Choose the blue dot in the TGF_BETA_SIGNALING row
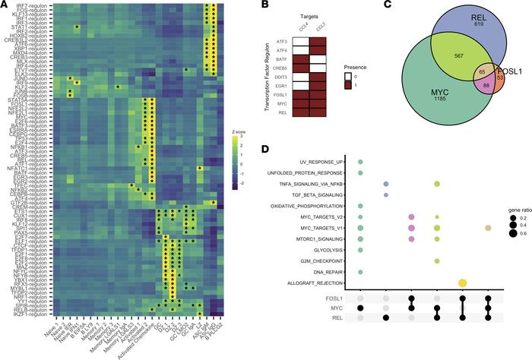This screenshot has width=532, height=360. pyautogui.click(x=386, y=195)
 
